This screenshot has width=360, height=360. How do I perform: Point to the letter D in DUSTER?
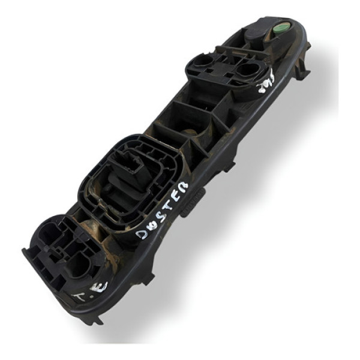point(141,232)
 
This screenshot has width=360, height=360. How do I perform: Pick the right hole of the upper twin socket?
point(247,71)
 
